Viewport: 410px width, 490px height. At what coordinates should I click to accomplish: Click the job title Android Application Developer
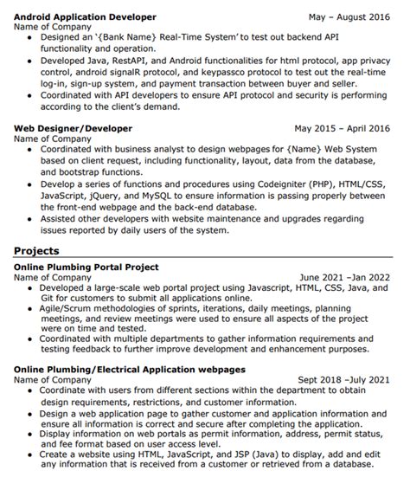(86, 16)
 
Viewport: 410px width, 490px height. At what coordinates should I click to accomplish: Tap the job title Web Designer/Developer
(74, 128)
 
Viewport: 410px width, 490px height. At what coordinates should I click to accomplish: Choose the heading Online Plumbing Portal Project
(86, 268)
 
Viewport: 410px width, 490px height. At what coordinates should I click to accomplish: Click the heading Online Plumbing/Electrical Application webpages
(129, 369)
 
